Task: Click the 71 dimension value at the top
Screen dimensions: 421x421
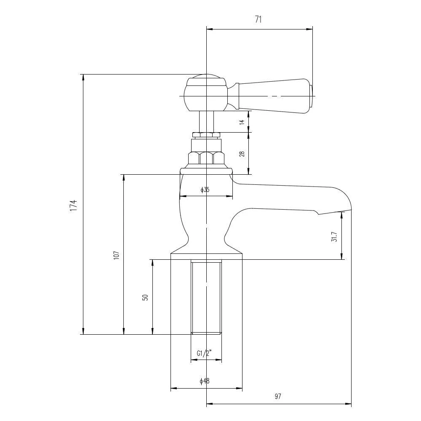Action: point(258,20)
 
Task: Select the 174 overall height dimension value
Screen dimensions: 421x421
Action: point(74,205)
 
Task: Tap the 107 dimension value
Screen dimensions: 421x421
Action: point(116,255)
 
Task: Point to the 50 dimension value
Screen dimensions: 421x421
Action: point(145,297)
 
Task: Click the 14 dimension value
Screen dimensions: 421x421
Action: point(242,122)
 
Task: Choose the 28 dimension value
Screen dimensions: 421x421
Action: point(242,154)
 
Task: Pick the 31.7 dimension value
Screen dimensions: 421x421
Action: point(334,237)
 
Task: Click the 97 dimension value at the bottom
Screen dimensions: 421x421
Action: point(278,396)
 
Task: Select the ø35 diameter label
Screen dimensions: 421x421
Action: point(205,190)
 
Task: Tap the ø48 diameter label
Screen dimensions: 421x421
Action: point(205,381)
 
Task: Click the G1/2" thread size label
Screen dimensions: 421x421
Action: point(204,353)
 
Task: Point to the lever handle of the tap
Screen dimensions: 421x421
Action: point(274,94)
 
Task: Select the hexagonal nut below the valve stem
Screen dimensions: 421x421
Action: point(206,158)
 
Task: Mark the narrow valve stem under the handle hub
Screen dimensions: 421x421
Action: point(206,122)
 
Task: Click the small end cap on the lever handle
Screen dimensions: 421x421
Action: point(311,95)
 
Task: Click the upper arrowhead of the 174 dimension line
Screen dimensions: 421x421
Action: point(83,77)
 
